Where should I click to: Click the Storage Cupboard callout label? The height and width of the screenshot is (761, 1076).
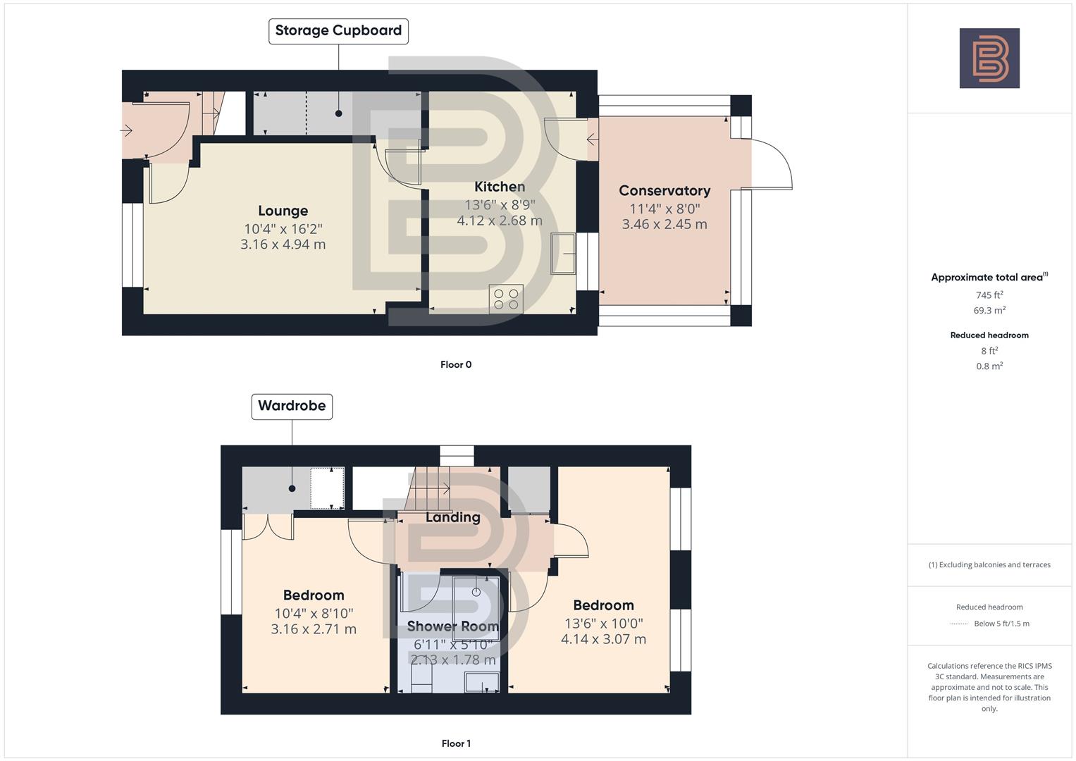pyautogui.click(x=338, y=31)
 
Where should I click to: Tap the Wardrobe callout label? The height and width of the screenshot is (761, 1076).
pyautogui.click(x=292, y=406)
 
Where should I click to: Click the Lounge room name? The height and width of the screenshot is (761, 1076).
pyautogui.click(x=283, y=211)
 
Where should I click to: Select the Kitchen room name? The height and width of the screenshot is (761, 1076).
pyautogui.click(x=500, y=187)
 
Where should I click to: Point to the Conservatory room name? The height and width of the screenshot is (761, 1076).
pyautogui.click(x=664, y=191)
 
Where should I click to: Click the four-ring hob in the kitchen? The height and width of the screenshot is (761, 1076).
pyautogui.click(x=506, y=298)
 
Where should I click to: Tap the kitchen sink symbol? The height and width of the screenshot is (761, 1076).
pyautogui.click(x=564, y=253)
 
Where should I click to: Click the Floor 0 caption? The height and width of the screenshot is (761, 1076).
pyautogui.click(x=456, y=364)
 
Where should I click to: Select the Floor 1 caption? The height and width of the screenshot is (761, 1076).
pyautogui.click(x=456, y=743)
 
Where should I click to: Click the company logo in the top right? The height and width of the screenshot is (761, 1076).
pyautogui.click(x=989, y=58)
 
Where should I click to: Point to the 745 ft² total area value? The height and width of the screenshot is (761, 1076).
pyautogui.click(x=989, y=295)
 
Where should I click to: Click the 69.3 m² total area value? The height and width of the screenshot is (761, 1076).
pyautogui.click(x=989, y=311)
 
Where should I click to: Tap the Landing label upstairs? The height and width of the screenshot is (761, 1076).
pyautogui.click(x=452, y=517)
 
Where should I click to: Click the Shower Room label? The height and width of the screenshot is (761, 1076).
pyautogui.click(x=452, y=626)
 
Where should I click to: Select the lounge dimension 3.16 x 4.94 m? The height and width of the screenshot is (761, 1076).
pyautogui.click(x=283, y=245)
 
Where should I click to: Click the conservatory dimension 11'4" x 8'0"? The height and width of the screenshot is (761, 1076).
pyautogui.click(x=664, y=209)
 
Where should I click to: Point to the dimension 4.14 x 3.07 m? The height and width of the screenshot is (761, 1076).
pyautogui.click(x=603, y=639)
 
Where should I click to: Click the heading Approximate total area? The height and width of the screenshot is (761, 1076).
pyautogui.click(x=989, y=278)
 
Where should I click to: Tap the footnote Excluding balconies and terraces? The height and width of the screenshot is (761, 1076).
pyautogui.click(x=989, y=565)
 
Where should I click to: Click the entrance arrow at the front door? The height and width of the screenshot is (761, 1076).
pyautogui.click(x=127, y=130)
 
